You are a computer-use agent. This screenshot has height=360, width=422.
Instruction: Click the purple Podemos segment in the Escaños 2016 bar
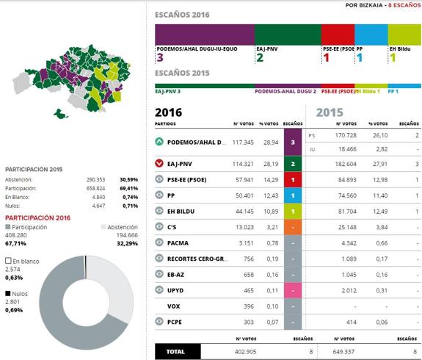205,35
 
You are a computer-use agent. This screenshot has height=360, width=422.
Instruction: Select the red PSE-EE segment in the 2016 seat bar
338,35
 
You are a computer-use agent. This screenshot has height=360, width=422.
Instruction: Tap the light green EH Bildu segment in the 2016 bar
404,35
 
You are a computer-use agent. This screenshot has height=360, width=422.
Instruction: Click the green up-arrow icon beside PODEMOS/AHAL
159,142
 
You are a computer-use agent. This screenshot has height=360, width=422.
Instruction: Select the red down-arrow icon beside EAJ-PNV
159,163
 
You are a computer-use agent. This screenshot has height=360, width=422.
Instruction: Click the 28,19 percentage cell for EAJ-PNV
269,164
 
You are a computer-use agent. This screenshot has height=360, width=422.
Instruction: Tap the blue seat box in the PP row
293,195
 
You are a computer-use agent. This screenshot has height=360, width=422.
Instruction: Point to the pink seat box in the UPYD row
293,290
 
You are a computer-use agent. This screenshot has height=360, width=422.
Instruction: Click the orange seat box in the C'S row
293,227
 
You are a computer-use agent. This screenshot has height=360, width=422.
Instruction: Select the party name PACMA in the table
178,242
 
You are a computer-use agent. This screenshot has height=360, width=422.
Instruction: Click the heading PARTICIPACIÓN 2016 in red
39,217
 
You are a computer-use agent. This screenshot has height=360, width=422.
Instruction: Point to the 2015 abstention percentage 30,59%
130,179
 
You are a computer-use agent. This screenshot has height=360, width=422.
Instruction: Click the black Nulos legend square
7,293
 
